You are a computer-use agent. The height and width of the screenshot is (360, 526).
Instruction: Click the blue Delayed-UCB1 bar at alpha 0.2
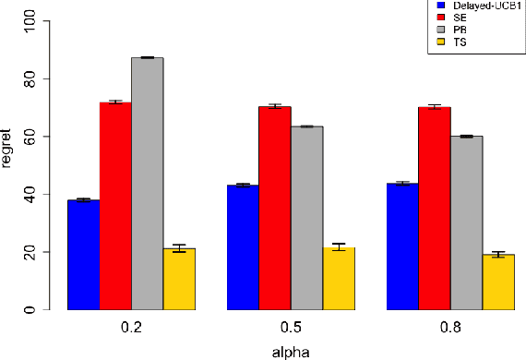click(83, 255)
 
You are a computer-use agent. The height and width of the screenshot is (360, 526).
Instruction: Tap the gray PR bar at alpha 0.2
click(147, 184)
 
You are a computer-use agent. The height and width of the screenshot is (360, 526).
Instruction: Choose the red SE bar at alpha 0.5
click(275, 208)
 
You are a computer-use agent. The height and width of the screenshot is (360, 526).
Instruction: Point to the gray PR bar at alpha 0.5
click(306, 218)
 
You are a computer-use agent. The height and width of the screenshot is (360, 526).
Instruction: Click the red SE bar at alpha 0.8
click(435, 208)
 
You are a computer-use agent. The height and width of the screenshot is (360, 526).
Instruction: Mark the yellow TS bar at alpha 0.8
click(498, 282)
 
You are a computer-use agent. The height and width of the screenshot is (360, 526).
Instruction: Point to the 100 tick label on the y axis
click(31, 21)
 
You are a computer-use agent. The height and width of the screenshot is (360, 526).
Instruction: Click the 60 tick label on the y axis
click(31, 137)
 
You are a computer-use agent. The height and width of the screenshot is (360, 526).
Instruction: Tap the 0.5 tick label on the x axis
click(291, 327)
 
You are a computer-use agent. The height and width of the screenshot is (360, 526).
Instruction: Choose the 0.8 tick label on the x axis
click(450, 327)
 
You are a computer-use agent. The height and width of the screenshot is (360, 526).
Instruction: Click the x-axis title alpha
click(291, 352)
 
